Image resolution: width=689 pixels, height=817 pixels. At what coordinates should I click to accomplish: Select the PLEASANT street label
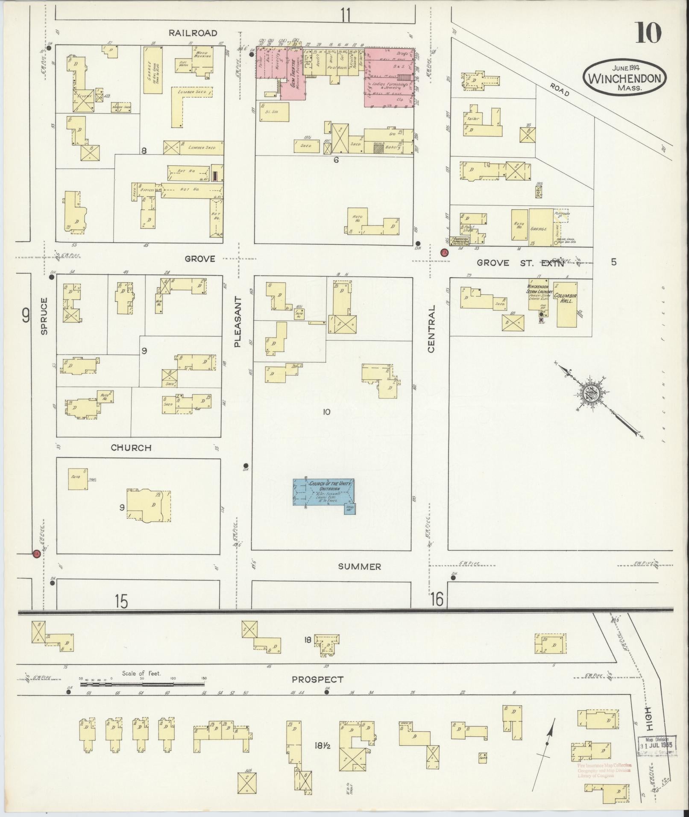[x=238, y=322]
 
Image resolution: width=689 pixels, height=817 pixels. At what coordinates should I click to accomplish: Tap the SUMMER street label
[x=359, y=566]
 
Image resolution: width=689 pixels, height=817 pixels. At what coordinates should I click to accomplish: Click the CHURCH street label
[x=131, y=448]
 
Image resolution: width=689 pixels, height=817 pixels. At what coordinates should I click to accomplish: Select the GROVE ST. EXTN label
[x=520, y=263]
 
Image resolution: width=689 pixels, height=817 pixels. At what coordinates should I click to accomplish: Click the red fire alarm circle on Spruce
[x=37, y=553]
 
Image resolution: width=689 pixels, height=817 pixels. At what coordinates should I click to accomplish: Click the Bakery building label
[x=392, y=147]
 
